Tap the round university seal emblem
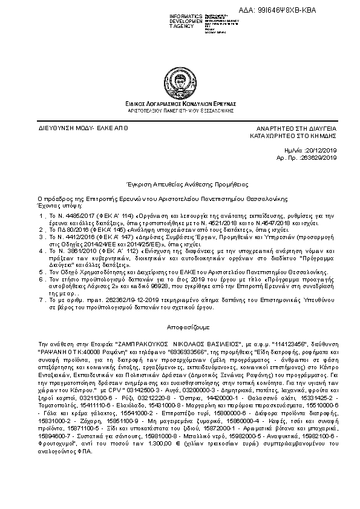point(180,82)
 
